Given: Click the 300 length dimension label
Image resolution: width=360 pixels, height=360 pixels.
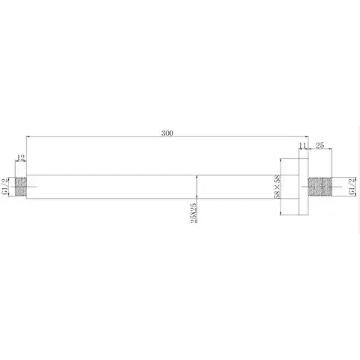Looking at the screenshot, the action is [167, 133].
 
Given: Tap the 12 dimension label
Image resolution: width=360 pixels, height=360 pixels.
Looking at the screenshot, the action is [21, 157].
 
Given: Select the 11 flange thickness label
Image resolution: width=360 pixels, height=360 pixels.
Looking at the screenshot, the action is [303, 145].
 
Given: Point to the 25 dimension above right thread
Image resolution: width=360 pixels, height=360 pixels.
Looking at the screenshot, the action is [319, 145].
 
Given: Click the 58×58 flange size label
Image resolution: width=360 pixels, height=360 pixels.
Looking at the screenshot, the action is [277, 187].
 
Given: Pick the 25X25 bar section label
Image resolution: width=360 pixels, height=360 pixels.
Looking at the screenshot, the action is [194, 212].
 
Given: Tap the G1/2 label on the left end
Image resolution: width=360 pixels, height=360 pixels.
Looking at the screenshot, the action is [4, 187].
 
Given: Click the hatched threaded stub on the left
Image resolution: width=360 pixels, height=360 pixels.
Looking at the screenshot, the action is [21, 187].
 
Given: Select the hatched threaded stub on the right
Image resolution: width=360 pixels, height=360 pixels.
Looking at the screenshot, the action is [320, 187].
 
